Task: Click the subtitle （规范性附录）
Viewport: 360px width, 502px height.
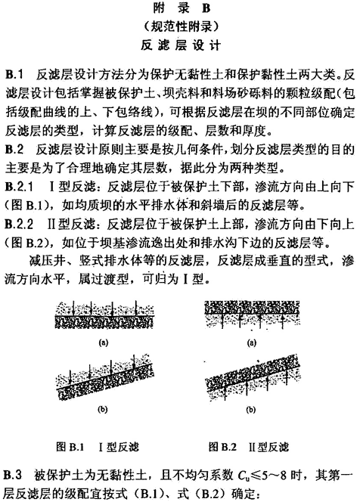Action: tap(181, 27)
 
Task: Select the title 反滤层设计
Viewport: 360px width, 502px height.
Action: tap(181, 45)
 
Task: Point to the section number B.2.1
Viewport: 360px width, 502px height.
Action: tap(19, 187)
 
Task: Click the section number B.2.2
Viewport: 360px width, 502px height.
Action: tap(19, 225)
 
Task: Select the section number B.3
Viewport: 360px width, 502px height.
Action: tap(13, 475)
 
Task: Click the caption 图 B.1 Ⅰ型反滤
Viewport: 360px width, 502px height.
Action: tap(98, 447)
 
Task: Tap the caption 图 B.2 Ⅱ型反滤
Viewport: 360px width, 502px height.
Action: tap(249, 447)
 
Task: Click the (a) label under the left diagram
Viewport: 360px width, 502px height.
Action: tap(104, 343)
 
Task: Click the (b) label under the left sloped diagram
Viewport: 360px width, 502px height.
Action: tap(103, 409)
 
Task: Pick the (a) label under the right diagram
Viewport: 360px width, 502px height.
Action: tap(253, 343)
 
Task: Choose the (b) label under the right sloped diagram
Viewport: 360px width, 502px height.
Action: tap(251, 410)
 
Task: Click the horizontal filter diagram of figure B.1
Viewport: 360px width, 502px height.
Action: tap(105, 314)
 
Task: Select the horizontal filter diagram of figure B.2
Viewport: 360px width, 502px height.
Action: tap(253, 315)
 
